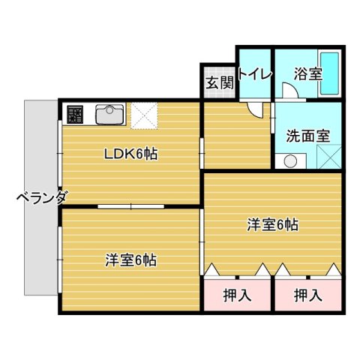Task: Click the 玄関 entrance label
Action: (x=218, y=82)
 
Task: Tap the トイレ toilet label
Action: (x=254, y=73)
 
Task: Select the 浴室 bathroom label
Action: (x=307, y=74)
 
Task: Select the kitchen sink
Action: (x=109, y=115)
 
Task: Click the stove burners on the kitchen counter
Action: (x=75, y=115)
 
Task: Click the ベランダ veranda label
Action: (x=42, y=199)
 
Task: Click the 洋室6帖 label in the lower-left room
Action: (x=130, y=261)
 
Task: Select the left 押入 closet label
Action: (x=237, y=295)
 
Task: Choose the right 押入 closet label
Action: (x=307, y=295)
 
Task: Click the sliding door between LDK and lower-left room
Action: (x=130, y=205)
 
